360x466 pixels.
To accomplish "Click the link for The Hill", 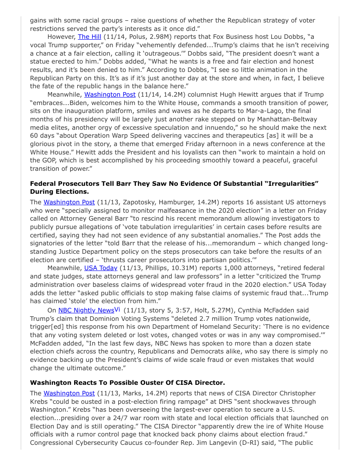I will [x=90, y=37].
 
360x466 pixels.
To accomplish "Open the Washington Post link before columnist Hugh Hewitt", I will [x=110, y=94].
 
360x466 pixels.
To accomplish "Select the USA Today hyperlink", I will [x=101, y=268].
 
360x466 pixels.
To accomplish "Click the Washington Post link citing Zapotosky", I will [x=69, y=202].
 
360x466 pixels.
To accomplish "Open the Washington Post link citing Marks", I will [x=69, y=393].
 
